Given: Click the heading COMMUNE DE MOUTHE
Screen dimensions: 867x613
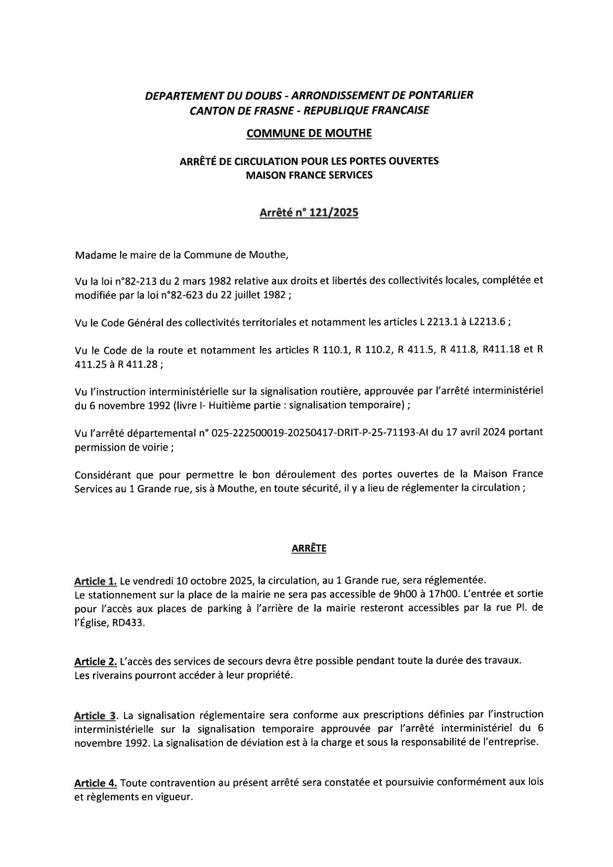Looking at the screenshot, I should click(309, 133).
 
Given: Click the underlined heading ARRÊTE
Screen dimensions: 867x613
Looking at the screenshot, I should click(309, 549).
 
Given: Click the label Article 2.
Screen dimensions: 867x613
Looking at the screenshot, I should click(95, 661).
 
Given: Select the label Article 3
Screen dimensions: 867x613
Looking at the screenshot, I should click(95, 716).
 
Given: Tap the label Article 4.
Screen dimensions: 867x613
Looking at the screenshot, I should click(95, 783).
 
